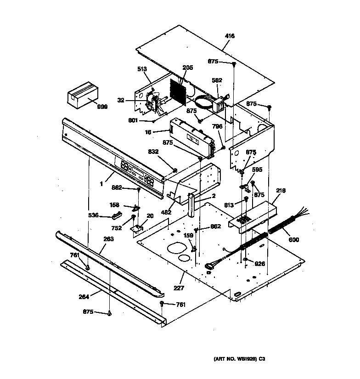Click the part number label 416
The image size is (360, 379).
(230, 36)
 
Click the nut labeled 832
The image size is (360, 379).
(175, 170)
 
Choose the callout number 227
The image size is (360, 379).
(179, 288)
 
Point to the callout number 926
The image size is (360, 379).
(260, 264)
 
